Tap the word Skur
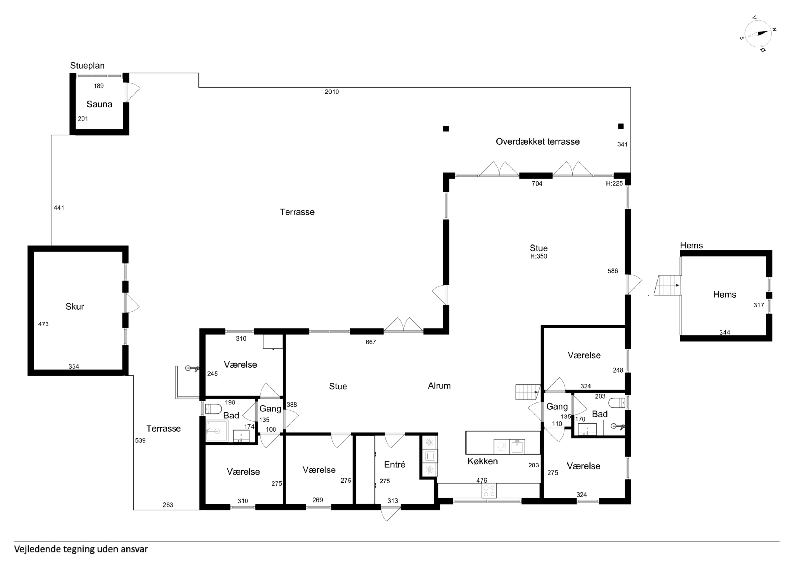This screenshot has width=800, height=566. coord(75,307)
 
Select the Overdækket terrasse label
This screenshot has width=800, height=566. coord(538,141)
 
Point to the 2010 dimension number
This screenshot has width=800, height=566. coord(332,92)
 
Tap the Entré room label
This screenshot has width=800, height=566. coord(395,465)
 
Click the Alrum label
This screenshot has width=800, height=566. coord(439,386)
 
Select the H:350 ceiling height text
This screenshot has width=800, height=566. coord(539,256)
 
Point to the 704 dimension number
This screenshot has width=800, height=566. coord(537,184)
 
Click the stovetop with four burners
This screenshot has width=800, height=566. coord(489,491)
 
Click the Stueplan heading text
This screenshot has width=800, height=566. coord(87,66)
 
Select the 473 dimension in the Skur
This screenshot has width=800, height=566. coord(43,324)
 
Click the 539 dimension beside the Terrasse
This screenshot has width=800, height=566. coord(140,440)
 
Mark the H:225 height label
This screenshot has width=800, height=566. coord(614,183)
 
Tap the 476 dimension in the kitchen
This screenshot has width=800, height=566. coord(482,481)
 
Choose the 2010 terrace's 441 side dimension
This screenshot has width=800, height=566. coord(59,208)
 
